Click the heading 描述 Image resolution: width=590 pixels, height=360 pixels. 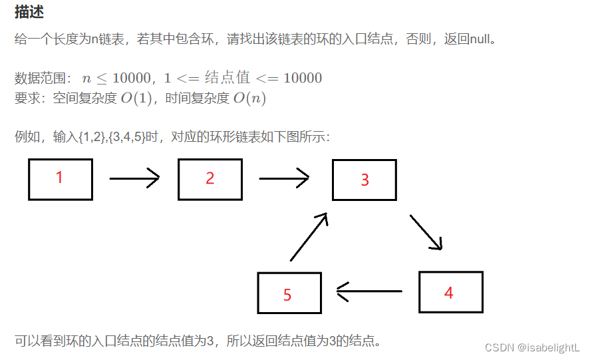30,12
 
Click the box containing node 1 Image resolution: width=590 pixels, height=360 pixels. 61,179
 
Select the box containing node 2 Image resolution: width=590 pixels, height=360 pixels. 210,179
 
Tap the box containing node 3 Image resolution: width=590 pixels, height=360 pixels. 364,180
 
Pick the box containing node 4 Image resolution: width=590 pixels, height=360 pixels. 450,292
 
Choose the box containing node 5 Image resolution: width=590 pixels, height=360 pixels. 289,293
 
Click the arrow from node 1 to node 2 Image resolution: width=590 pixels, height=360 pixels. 134,178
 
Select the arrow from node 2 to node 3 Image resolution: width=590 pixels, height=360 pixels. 284,178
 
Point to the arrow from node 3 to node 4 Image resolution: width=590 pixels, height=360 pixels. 426,232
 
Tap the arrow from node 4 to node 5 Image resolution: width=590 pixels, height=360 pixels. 369,291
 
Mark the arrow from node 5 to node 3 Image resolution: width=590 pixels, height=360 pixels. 309,237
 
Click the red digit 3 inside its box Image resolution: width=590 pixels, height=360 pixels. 365,180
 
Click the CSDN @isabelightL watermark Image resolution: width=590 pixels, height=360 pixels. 532,347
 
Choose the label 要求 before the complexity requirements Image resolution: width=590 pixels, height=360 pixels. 26,98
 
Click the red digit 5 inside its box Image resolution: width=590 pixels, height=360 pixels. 287,295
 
